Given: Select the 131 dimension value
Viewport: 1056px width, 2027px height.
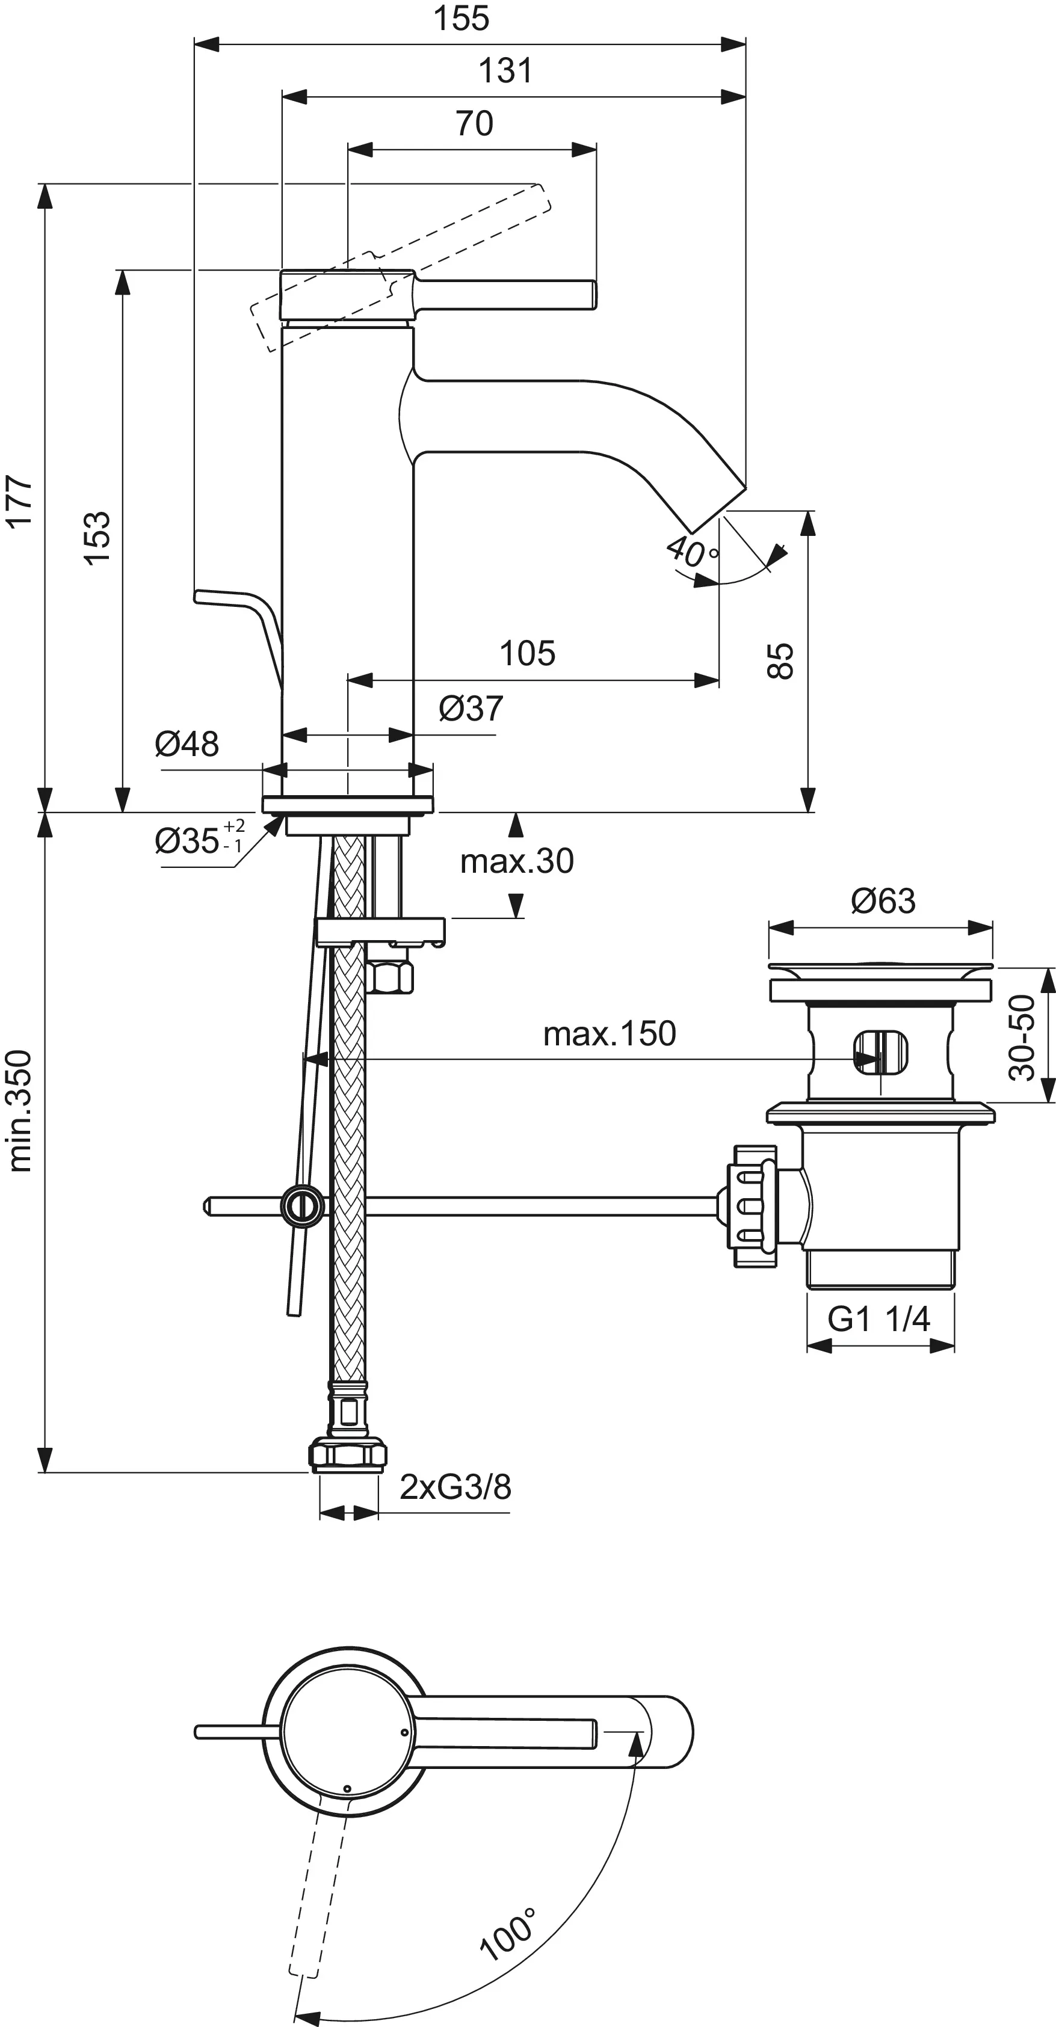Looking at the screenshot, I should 505,71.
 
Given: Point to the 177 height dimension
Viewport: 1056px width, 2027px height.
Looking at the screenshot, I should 20,500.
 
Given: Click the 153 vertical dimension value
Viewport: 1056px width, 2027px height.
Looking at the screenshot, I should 97,538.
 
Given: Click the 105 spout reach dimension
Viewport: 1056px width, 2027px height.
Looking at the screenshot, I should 527,653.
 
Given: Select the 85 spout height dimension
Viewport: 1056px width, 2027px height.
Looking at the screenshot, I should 780,660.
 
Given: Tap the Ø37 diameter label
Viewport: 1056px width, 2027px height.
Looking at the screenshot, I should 471,708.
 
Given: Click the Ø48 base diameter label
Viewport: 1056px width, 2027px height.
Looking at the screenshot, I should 187,743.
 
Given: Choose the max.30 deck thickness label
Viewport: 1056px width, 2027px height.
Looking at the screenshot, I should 517,862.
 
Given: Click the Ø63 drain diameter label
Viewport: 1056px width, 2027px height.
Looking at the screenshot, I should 883,901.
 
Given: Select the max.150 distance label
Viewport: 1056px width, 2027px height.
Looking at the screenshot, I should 609,1034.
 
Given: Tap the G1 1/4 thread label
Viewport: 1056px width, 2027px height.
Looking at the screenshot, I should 878,1318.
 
